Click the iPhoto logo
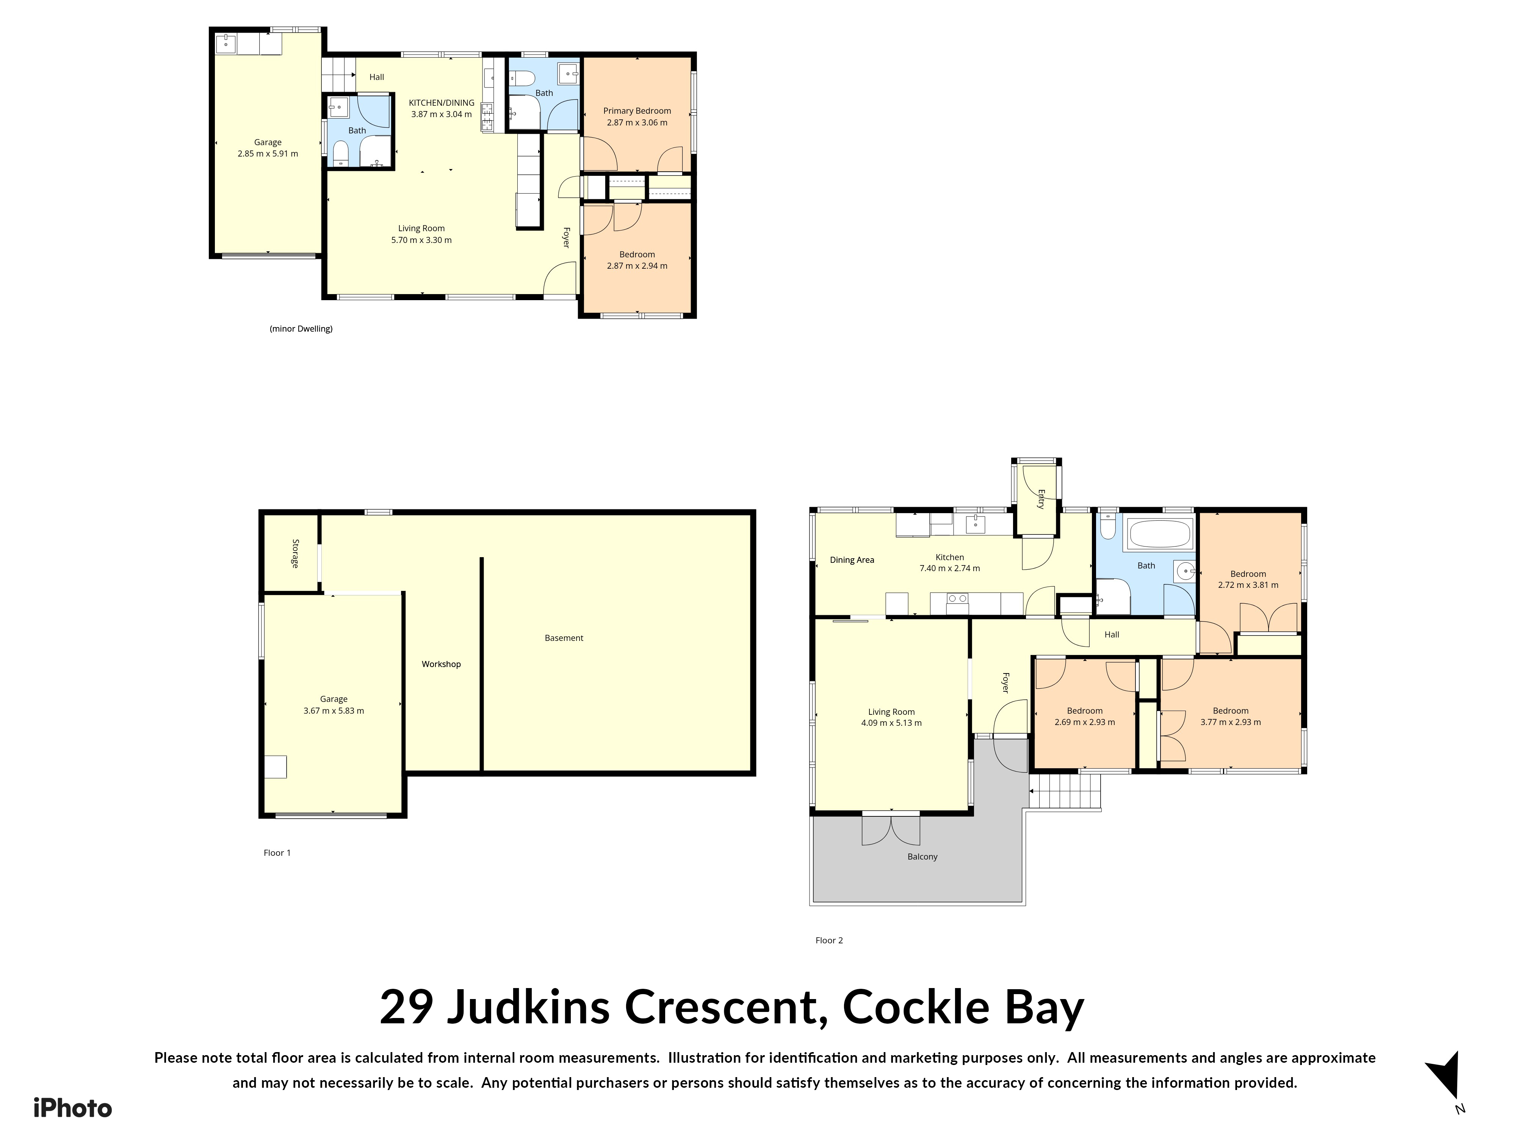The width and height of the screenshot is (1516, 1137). pyautogui.click(x=73, y=1108)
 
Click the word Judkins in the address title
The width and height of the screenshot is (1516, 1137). pyautogui.click(x=528, y=1007)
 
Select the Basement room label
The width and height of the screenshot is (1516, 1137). pyautogui.click(x=564, y=638)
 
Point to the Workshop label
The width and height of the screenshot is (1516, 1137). pyautogui.click(x=442, y=664)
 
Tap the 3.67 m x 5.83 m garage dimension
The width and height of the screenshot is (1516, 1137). pyautogui.click(x=334, y=711)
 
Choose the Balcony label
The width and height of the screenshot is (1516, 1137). pyautogui.click(x=922, y=857)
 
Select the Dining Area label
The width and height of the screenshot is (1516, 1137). pyautogui.click(x=852, y=560)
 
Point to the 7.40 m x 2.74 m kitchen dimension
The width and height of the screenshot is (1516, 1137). pyautogui.click(x=950, y=568)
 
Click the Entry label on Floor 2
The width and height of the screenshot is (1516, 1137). pyautogui.click(x=1040, y=499)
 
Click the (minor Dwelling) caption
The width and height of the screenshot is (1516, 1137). pyautogui.click(x=302, y=329)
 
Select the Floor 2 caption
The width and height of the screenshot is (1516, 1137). pyautogui.click(x=829, y=940)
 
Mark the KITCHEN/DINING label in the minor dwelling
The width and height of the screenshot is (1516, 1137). pyautogui.click(x=442, y=103)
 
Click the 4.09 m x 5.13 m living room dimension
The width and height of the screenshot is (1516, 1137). pyautogui.click(x=892, y=723)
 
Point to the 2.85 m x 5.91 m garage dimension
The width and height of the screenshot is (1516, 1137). pyautogui.click(x=268, y=153)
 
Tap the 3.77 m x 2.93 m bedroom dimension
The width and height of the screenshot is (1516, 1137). pyautogui.click(x=1231, y=722)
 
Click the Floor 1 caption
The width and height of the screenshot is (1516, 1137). pyautogui.click(x=277, y=853)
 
